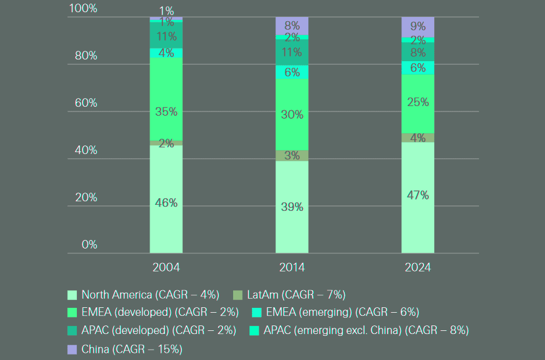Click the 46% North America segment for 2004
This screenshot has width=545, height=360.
[x=166, y=203]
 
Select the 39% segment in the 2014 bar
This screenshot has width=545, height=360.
[x=292, y=207]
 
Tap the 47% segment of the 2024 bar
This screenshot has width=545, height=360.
[x=418, y=195]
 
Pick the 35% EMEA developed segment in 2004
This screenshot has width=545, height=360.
[x=166, y=112]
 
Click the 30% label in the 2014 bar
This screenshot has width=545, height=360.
[x=292, y=114]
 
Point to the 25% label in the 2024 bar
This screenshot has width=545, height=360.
[x=418, y=102]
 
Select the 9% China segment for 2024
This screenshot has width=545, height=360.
[x=418, y=27]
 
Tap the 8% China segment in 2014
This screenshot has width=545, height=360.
[x=292, y=25]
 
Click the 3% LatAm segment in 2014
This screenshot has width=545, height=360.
[x=292, y=155]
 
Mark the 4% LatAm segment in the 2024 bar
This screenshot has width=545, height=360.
[x=418, y=138]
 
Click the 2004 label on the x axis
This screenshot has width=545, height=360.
[x=166, y=267]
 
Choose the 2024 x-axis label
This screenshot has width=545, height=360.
[x=418, y=267]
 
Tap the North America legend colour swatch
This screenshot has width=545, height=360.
[x=72, y=295]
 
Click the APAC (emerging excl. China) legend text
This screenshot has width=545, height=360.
[x=366, y=330]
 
